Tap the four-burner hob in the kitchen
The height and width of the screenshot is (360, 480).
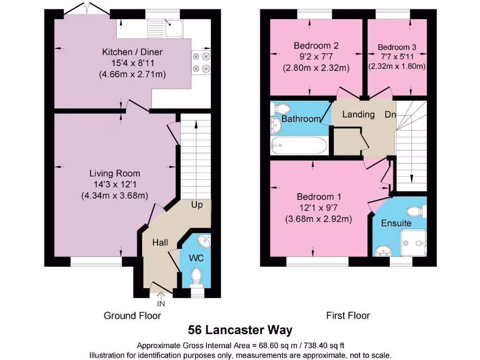pyautogui.click(x=201, y=62)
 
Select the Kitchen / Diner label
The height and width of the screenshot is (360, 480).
pyautogui.click(x=132, y=52)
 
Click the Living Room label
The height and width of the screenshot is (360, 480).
pyautogui.click(x=115, y=173)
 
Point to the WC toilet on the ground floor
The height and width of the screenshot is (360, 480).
pyautogui.click(x=195, y=277)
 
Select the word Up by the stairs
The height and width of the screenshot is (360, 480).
pyautogui.click(x=197, y=205)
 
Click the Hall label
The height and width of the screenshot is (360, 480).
pyautogui.click(x=160, y=242)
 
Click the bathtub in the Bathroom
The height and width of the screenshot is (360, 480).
pyautogui.click(x=298, y=146)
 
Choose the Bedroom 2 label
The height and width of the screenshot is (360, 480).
pyautogui.click(x=316, y=45)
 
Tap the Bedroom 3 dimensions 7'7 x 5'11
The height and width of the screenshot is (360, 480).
pyautogui.click(x=397, y=57)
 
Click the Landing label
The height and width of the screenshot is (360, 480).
pyautogui.click(x=358, y=114)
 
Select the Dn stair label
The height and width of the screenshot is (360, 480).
pyautogui.click(x=390, y=114)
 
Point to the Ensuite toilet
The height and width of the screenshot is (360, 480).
pyautogui.click(x=416, y=210)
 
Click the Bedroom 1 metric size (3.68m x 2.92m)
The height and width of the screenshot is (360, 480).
pyautogui.click(x=318, y=218)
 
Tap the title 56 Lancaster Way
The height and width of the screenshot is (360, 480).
pyautogui.click(x=240, y=330)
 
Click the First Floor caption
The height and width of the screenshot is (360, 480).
pyautogui.click(x=348, y=315)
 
